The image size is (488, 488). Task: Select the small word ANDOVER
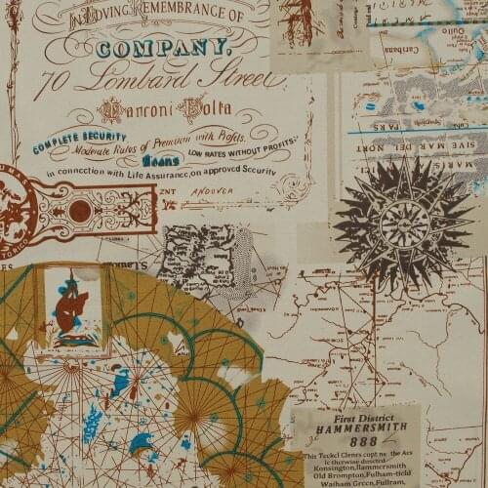coord(225,192)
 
